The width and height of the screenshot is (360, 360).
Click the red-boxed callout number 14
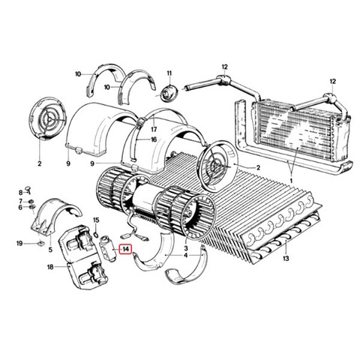[125, 249]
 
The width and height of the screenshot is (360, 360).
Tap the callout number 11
[169, 73]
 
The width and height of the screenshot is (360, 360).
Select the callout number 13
[286, 258]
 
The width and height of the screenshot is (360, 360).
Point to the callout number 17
[154, 129]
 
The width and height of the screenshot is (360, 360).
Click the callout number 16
[154, 139]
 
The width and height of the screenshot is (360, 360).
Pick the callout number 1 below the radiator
[291, 180]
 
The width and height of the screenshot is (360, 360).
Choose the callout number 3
[186, 248]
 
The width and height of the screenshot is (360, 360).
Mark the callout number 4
[185, 256]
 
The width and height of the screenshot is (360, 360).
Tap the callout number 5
[50, 250]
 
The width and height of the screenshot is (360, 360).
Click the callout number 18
[50, 267]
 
